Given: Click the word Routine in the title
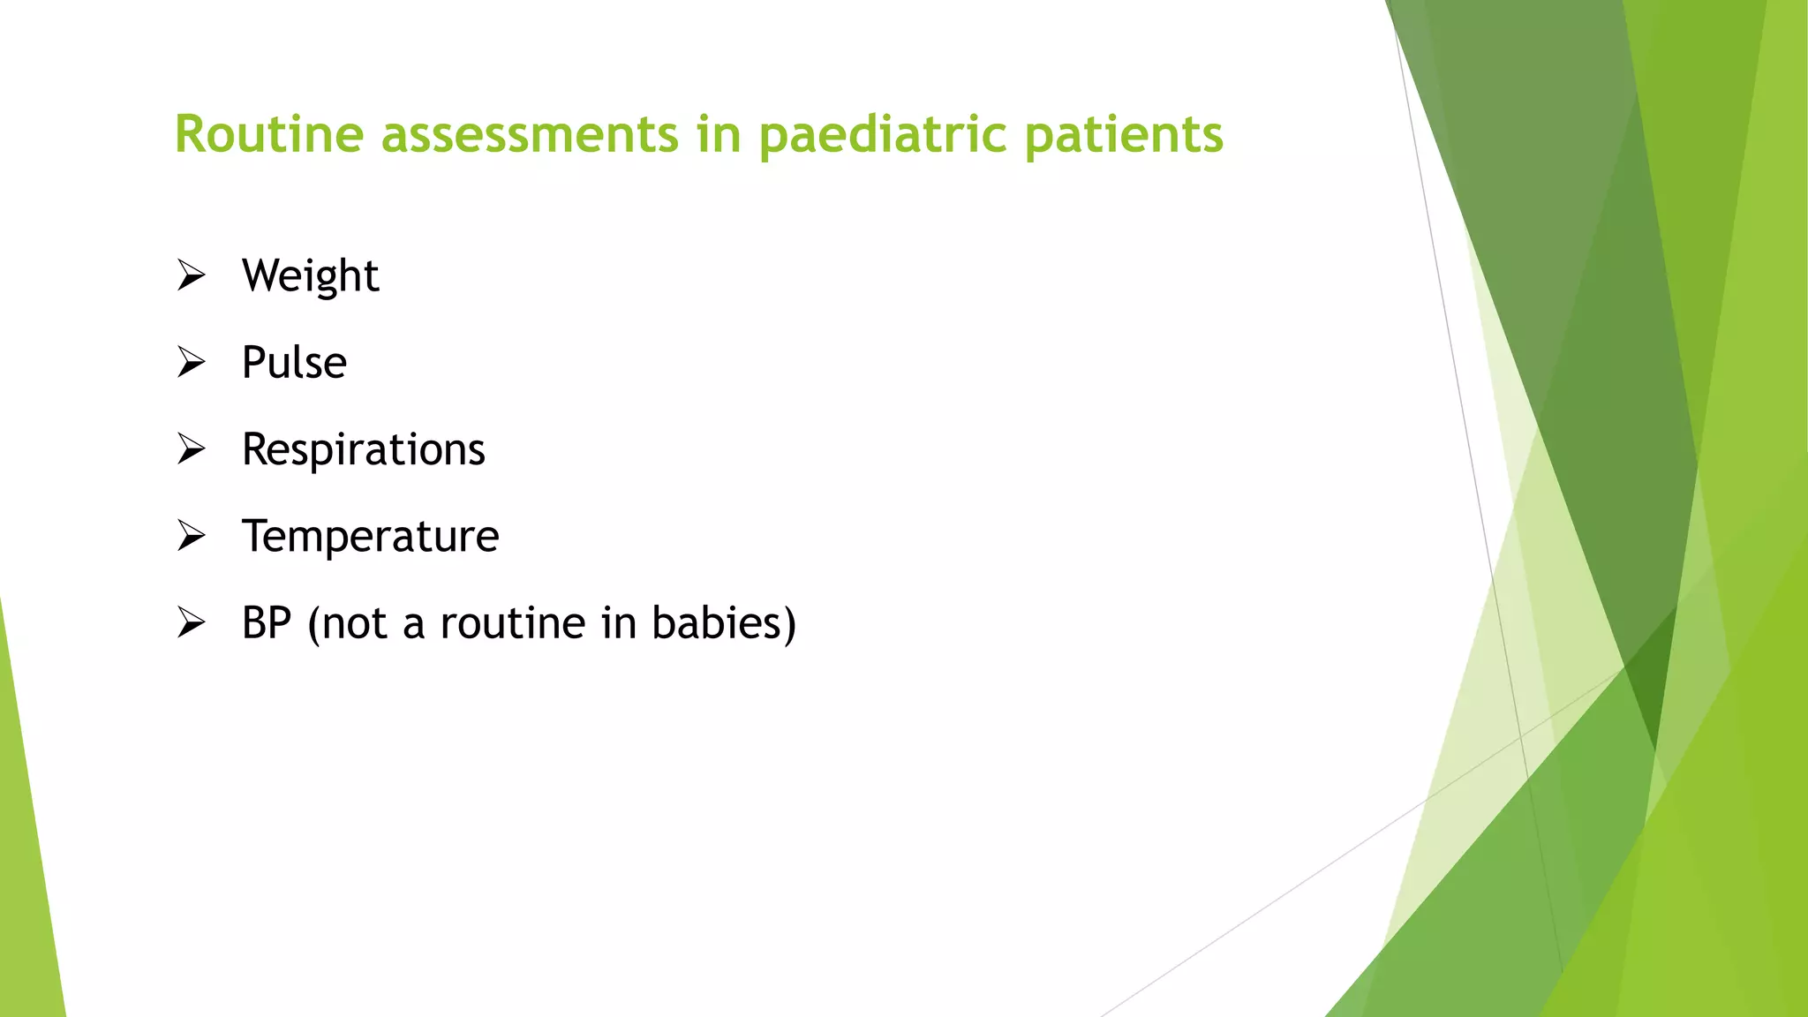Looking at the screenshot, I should coord(269,134).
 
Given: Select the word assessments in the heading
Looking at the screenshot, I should coord(530,134).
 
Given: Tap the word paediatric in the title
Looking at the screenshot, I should coord(882,134).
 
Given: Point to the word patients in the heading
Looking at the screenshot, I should coord(1124,134).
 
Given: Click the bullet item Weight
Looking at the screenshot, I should coord(310,275).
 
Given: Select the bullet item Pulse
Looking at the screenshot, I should coord(294,362).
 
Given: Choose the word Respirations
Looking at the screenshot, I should coord(363,449).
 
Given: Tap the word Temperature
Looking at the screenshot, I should coord(370,536).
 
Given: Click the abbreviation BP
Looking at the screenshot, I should coord(267,623).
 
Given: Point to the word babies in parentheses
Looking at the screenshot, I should coord(723,623).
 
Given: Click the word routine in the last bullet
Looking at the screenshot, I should coord(512,623).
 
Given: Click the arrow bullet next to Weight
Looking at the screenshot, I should coord(191,275).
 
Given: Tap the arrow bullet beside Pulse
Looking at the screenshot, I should coord(191,362).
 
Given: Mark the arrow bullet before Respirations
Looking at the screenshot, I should coord(191,449).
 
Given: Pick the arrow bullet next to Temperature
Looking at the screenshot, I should coord(191,536).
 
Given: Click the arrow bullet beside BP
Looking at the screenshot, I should coord(191,623).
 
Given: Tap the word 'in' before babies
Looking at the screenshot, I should coord(619,623).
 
